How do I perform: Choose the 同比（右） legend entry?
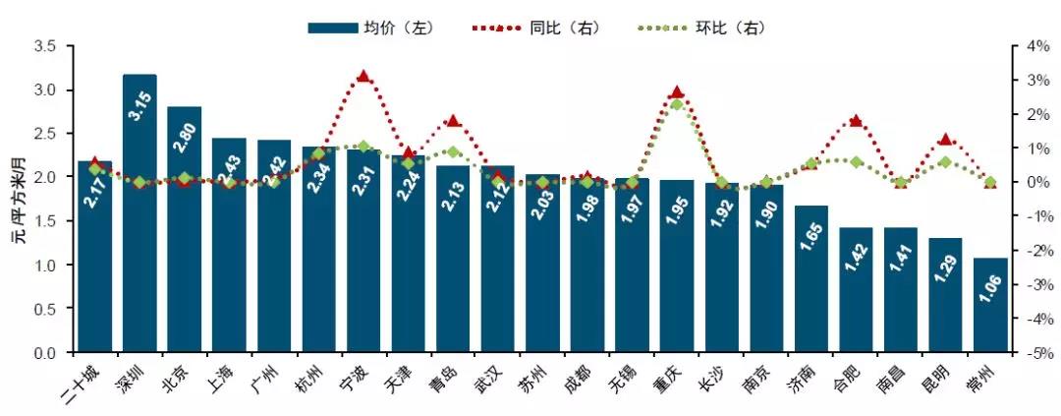[538, 27]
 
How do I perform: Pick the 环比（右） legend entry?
[703, 27]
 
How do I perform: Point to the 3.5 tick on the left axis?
[45, 46]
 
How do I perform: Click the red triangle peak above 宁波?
[363, 77]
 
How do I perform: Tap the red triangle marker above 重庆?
[676, 92]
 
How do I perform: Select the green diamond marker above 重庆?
[676, 104]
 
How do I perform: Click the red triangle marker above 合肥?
[855, 121]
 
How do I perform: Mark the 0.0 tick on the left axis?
[45, 352]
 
